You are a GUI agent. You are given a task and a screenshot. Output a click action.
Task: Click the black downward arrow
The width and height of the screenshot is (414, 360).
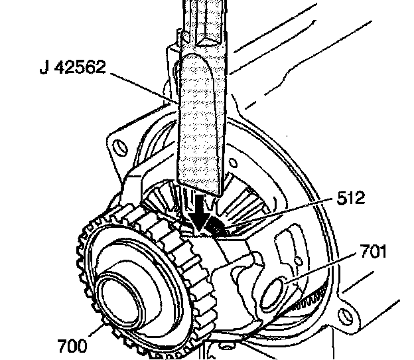197,213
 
